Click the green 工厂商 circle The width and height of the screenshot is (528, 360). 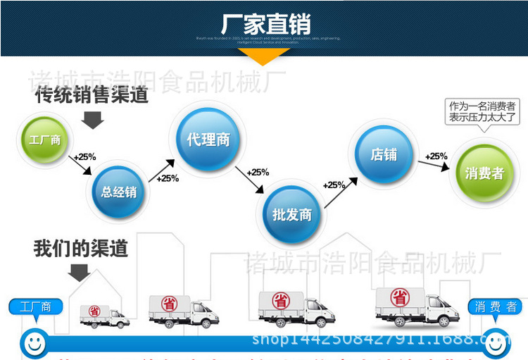click(44, 140)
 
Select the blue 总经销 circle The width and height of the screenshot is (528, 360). click(118, 191)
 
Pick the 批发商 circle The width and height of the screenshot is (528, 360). click(292, 214)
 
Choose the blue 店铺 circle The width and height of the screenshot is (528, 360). click(384, 154)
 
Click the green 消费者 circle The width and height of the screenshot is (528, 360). click(484, 173)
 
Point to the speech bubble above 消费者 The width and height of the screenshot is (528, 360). click(483, 112)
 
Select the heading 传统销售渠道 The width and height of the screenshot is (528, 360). click(92, 94)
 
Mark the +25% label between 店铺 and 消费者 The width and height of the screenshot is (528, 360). click(436, 156)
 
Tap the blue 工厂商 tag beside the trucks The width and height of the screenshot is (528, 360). click(35, 306)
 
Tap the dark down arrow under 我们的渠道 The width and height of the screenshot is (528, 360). click(79, 272)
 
